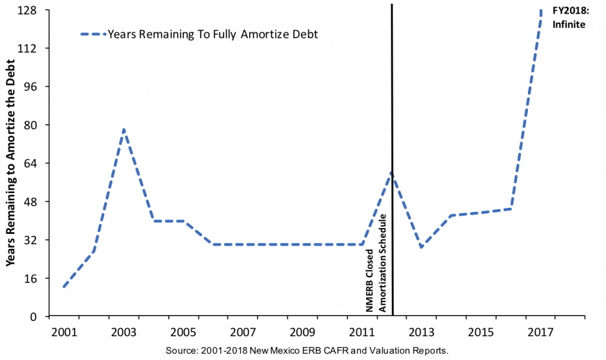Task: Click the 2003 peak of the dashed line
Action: click(x=124, y=129)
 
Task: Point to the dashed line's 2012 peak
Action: click(x=391, y=173)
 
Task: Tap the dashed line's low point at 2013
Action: click(x=421, y=247)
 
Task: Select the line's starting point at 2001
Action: click(x=63, y=287)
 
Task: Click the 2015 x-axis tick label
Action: click(x=480, y=332)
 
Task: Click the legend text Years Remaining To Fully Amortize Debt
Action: click(x=213, y=34)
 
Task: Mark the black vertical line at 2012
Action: click(x=392, y=89)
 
